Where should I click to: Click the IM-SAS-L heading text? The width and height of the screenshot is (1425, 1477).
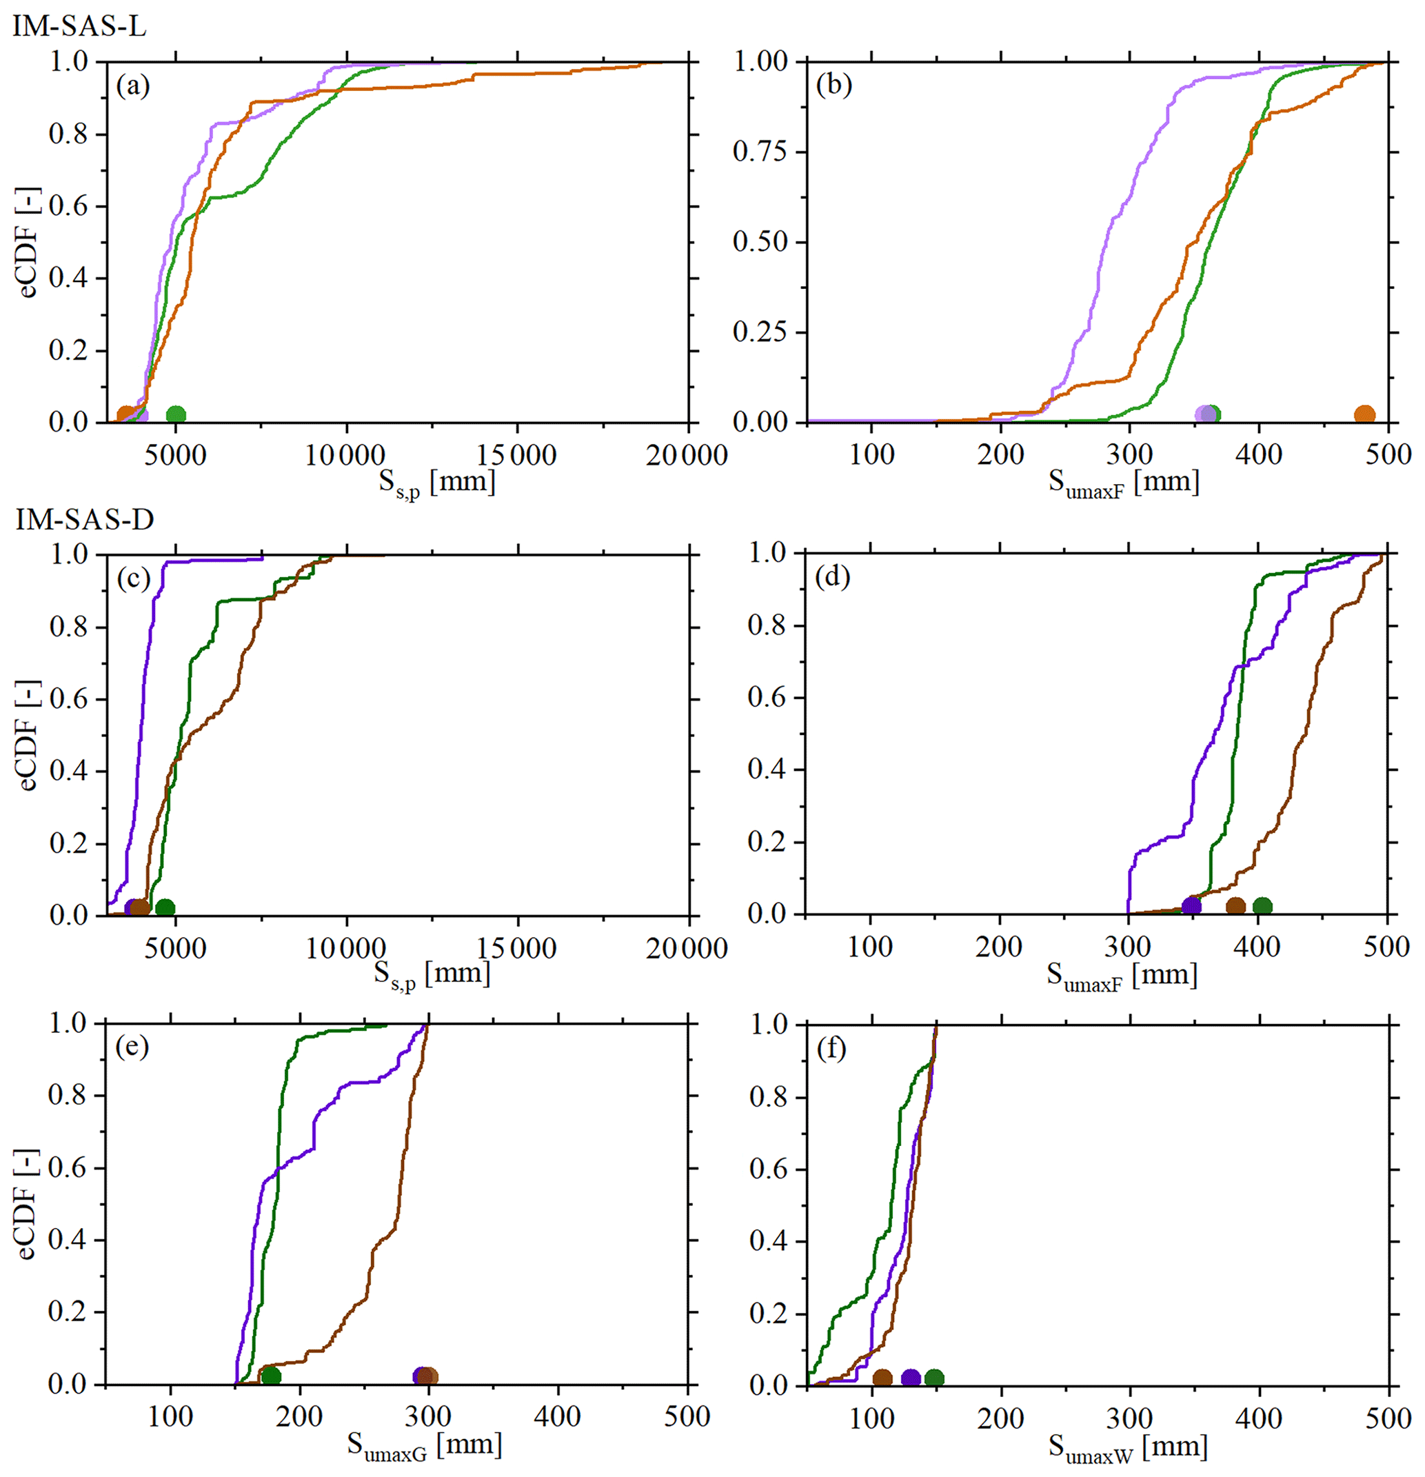(x=79, y=27)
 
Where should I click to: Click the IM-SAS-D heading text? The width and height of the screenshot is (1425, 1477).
(x=84, y=520)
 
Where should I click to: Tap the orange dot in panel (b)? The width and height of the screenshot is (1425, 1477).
(x=1364, y=414)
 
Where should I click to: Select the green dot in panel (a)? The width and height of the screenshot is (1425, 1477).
(x=176, y=414)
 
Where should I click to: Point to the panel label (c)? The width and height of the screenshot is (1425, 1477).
(x=133, y=578)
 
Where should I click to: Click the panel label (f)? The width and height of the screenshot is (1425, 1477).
(x=832, y=1049)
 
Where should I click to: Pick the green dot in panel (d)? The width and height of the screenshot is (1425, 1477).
(x=1262, y=907)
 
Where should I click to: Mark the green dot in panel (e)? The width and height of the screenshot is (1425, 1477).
(x=272, y=1376)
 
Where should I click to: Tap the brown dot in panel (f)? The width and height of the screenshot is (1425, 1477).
(x=882, y=1378)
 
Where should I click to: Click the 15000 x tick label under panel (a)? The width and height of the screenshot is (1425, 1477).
(x=517, y=455)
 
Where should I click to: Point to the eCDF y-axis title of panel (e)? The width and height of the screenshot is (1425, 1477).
(x=27, y=1204)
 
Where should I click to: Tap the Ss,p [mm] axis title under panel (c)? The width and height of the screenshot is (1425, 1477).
(x=432, y=974)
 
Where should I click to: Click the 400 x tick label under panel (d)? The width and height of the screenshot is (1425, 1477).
(x=1257, y=947)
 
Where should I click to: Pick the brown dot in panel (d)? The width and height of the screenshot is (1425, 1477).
(x=1235, y=907)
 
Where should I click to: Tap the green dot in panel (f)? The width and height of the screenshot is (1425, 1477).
(x=933, y=1378)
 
